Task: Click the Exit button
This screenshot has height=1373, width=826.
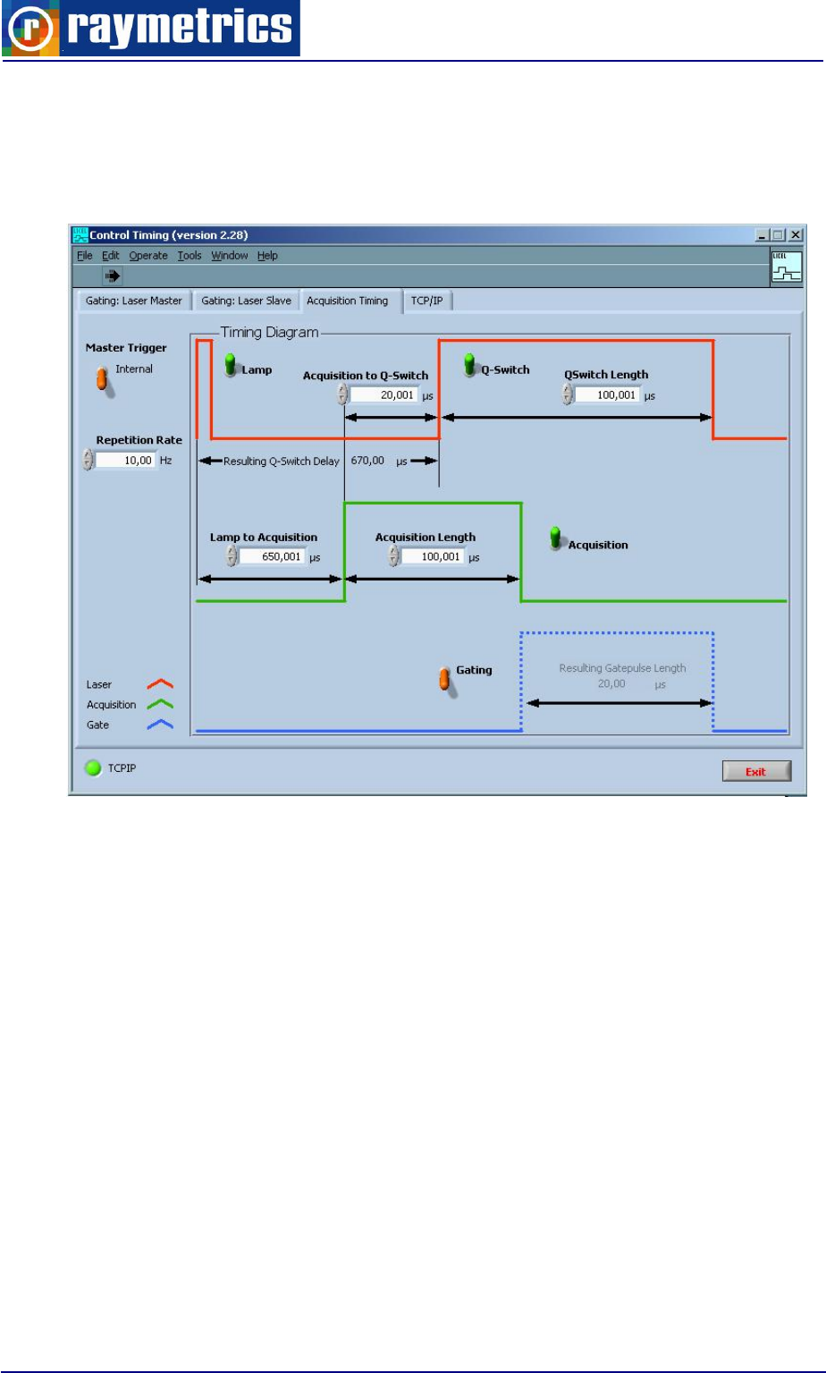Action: pos(756,771)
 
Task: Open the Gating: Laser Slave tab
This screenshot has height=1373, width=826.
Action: pos(246,301)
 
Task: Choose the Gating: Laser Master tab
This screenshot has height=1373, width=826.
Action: pos(134,301)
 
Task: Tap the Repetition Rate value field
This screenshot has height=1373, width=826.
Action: pos(126,460)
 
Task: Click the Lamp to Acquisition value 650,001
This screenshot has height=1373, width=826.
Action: pos(272,556)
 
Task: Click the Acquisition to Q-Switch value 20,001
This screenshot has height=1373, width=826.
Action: pos(383,394)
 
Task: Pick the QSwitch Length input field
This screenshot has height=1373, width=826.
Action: pos(607,394)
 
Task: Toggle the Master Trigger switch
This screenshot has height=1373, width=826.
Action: pos(104,379)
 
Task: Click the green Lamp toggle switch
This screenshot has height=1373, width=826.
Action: pos(231,366)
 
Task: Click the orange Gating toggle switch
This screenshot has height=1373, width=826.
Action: pos(444,679)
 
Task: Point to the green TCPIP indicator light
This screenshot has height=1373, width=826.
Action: pos(92,767)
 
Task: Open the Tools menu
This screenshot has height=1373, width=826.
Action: pos(189,256)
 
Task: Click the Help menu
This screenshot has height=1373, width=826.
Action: pos(267,256)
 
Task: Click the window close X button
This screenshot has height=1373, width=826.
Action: pos(795,235)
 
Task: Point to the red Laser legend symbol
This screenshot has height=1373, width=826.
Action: pos(159,684)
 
